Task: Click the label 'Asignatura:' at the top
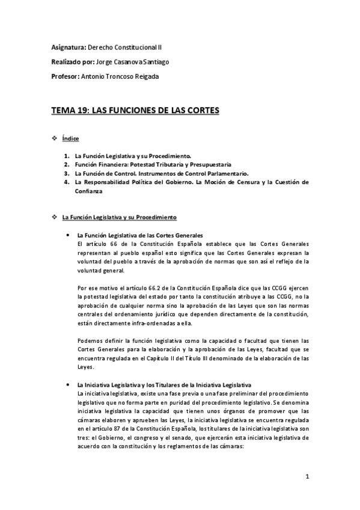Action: (x=69, y=46)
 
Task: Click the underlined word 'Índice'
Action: (x=70, y=139)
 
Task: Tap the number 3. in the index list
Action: (x=67, y=173)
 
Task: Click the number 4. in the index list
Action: (x=67, y=182)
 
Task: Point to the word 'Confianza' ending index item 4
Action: (x=89, y=191)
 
